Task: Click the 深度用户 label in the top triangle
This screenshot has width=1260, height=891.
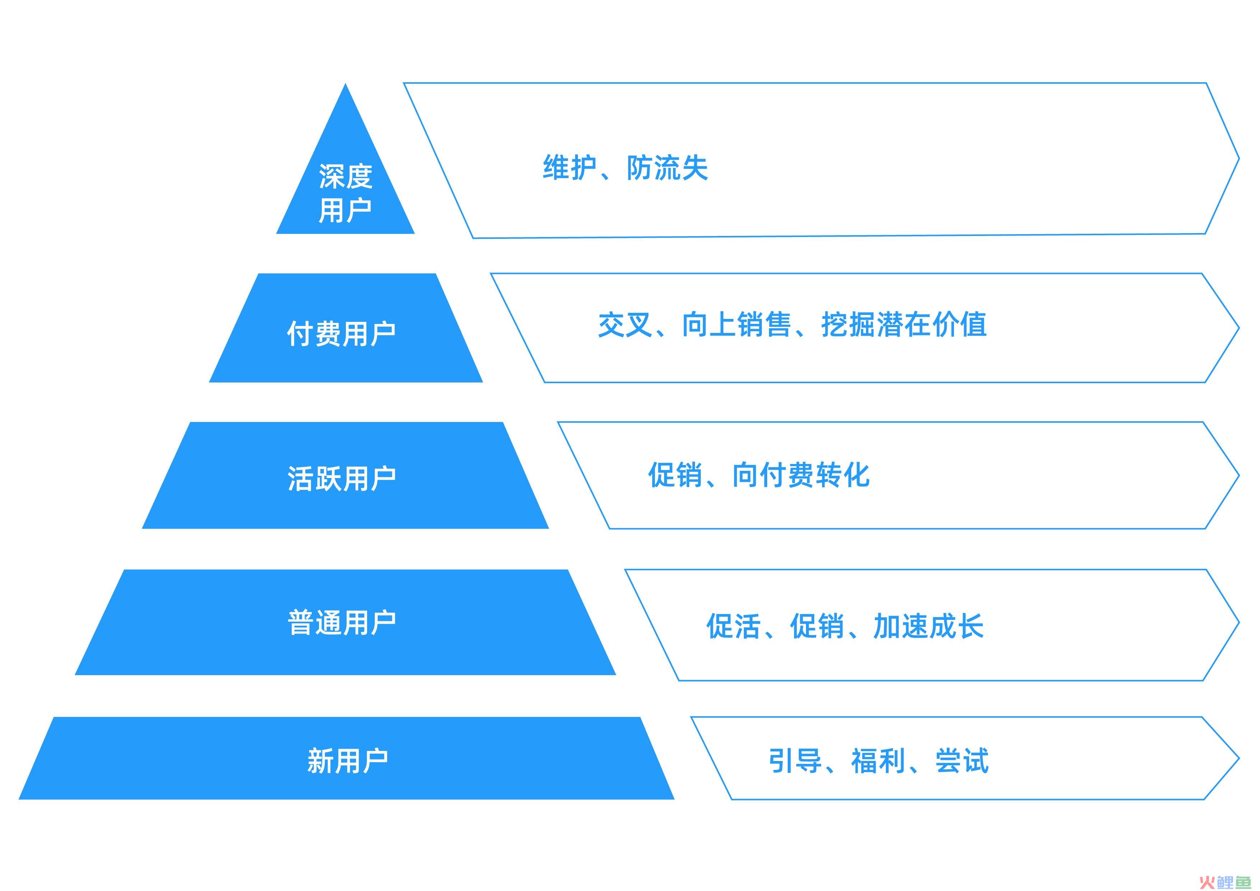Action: [345, 193]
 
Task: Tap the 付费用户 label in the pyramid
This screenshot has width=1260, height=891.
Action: [341, 334]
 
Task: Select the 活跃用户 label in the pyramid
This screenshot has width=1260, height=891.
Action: [341, 478]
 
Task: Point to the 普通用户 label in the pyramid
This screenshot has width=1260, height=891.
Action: [341, 623]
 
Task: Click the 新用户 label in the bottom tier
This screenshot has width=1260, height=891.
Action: [347, 761]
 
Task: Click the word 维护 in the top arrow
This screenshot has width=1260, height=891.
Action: [570, 167]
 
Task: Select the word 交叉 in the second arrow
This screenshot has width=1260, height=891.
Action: [625, 325]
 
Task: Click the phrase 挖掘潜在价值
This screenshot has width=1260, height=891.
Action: [904, 325]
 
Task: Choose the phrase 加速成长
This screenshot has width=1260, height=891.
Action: [928, 626]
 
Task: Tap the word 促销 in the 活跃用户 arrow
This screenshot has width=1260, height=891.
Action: [675, 474]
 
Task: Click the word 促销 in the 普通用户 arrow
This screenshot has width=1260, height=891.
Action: [817, 626]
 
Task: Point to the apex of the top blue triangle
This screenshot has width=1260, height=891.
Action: [345, 84]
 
